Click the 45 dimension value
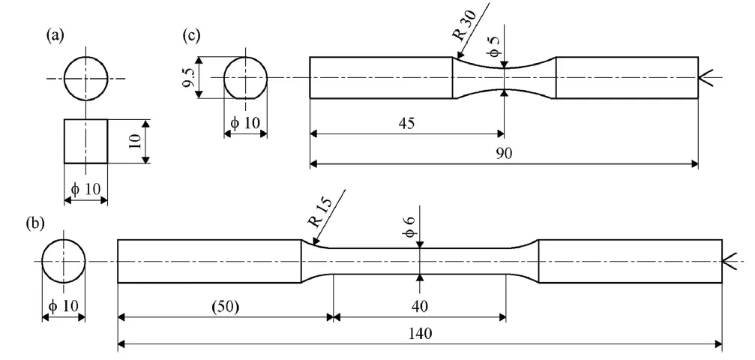tap(407, 122)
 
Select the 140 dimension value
tap(421, 334)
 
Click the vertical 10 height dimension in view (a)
tap(135, 140)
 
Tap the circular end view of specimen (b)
tap(63, 262)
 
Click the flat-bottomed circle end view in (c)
tap(246, 77)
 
